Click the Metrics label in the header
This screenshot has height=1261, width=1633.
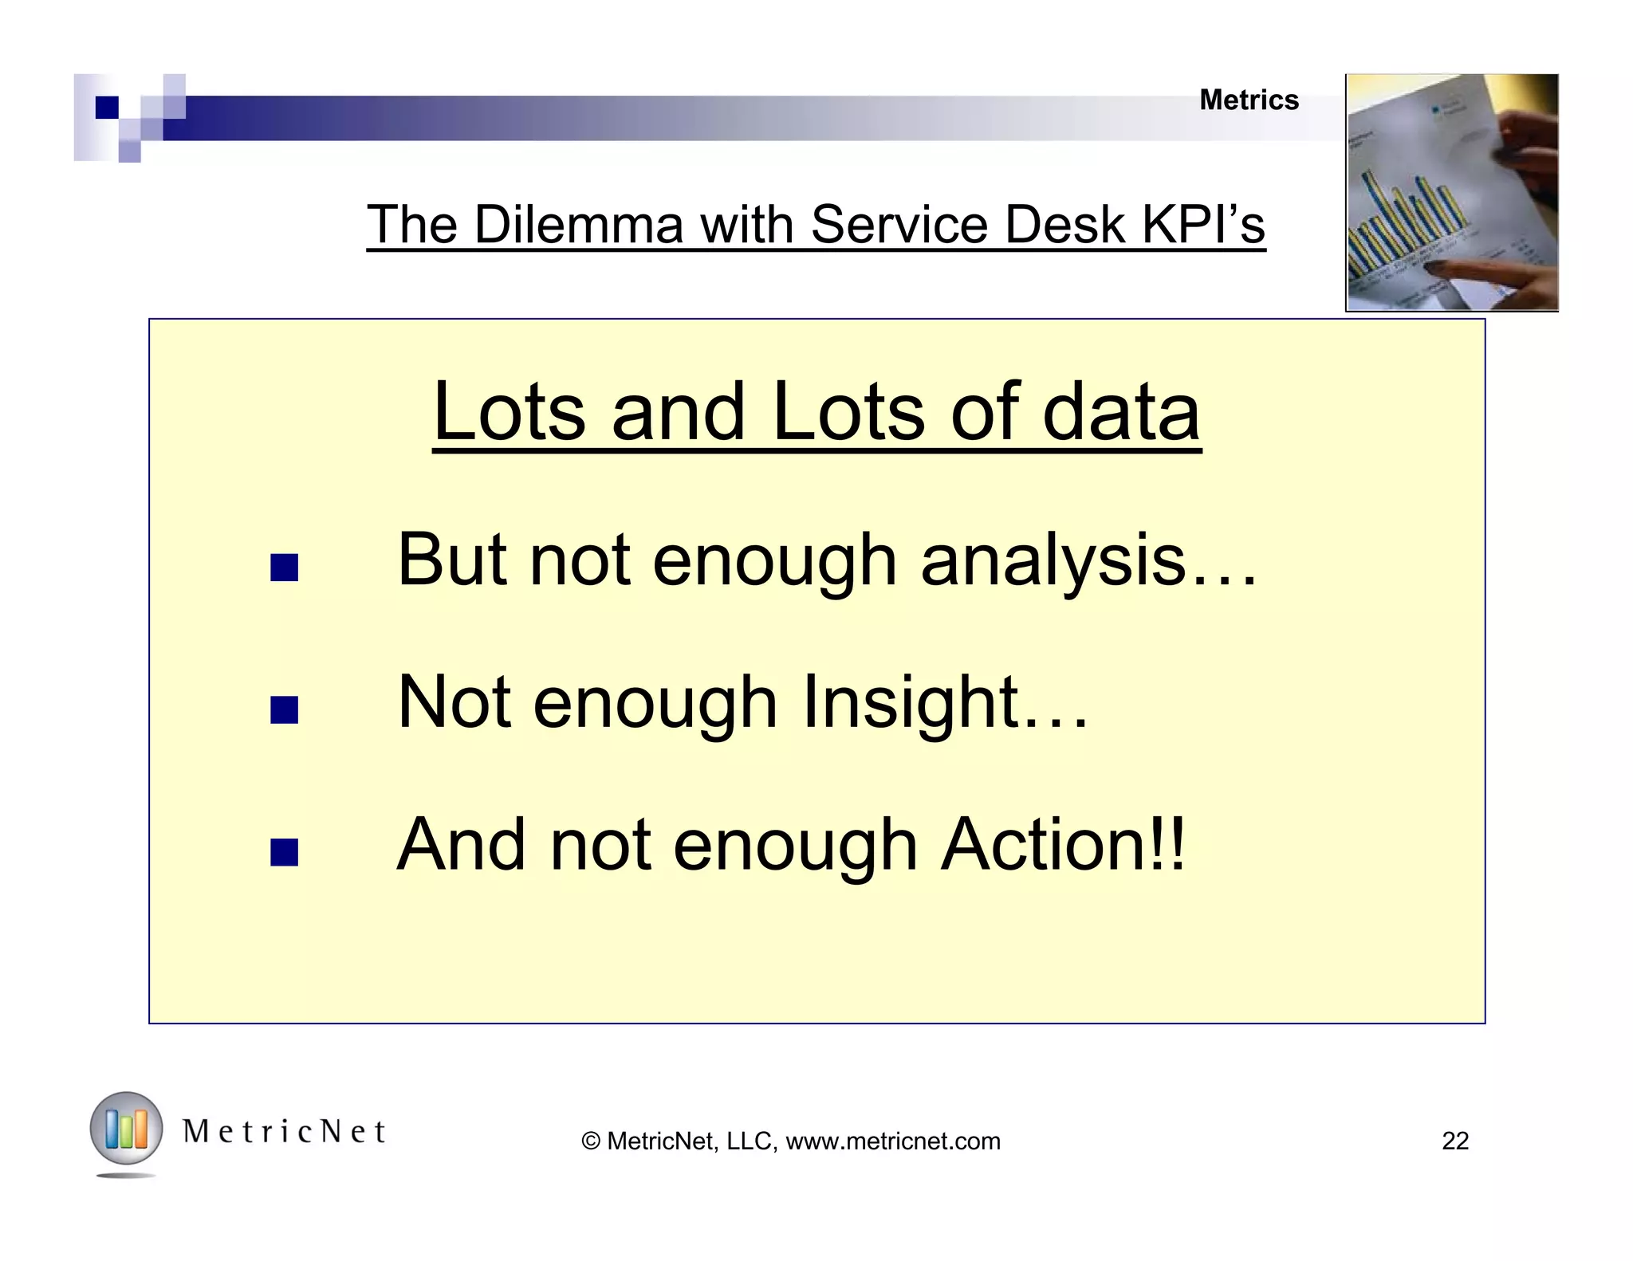[1249, 100]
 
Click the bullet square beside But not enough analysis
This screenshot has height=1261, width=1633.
[284, 568]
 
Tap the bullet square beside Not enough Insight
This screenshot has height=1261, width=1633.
[284, 709]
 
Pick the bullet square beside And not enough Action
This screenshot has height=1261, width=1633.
[284, 852]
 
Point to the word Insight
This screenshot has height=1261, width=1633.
[909, 703]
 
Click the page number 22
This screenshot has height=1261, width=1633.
[1454, 1141]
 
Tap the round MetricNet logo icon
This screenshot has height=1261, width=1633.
[126, 1129]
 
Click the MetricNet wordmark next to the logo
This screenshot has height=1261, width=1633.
[285, 1131]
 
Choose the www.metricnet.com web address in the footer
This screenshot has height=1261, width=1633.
[892, 1141]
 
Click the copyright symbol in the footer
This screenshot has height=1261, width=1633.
[591, 1141]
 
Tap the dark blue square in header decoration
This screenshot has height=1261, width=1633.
[106, 107]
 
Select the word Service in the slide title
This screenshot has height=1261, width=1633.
[900, 225]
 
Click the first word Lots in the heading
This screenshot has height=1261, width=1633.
[509, 412]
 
